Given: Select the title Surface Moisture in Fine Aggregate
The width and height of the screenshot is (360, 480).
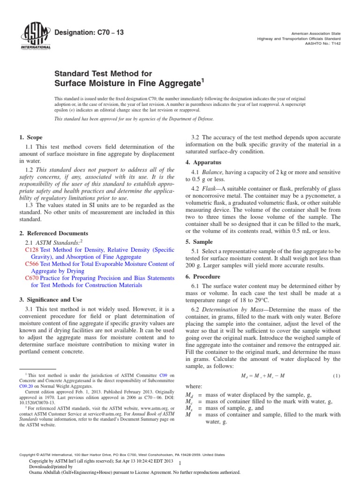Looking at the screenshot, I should click(129, 83).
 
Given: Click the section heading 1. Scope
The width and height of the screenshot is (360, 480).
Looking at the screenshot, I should click(31, 137).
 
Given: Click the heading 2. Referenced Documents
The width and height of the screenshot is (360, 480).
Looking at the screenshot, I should click(53, 233).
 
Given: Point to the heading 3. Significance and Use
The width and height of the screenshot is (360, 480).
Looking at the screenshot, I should click(51, 299).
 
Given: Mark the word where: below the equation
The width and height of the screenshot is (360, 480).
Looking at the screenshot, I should click(195, 386).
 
